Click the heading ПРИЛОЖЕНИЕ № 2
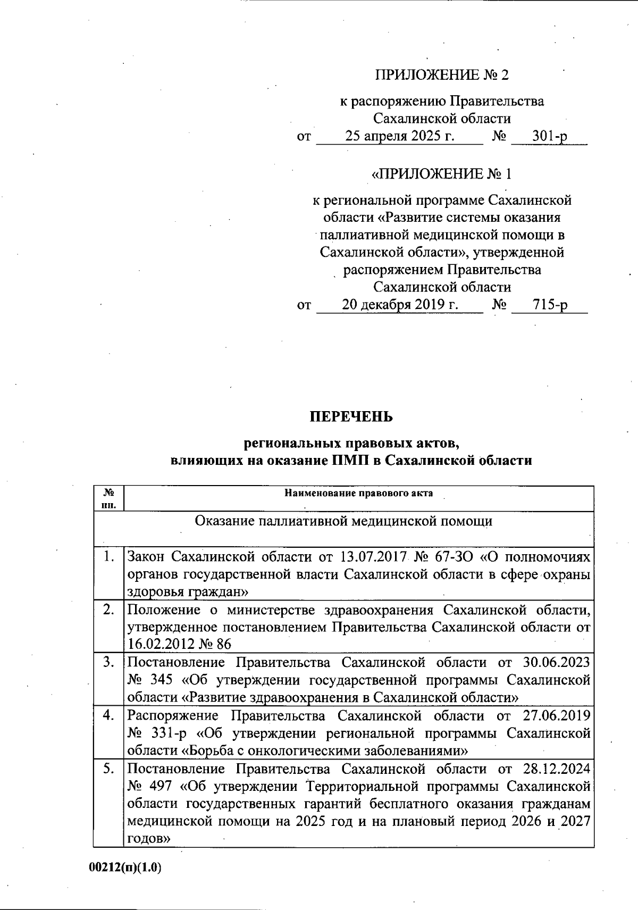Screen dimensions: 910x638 tap(442, 75)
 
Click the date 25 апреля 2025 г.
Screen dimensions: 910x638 tap(400, 136)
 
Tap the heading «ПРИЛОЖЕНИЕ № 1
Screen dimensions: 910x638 tap(442, 174)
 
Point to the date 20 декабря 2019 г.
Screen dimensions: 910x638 tap(400, 305)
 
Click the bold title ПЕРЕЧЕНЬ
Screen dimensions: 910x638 tap(351, 416)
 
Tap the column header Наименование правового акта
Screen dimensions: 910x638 tap(358, 493)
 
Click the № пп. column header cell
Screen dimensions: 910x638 tap(108, 498)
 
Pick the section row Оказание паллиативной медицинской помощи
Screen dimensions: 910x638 tap(343, 521)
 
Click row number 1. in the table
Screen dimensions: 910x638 tap(109, 557)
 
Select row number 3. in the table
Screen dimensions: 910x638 tap(109, 662)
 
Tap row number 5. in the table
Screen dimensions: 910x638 tap(109, 768)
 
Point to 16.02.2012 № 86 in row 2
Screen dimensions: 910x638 tap(180, 644)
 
